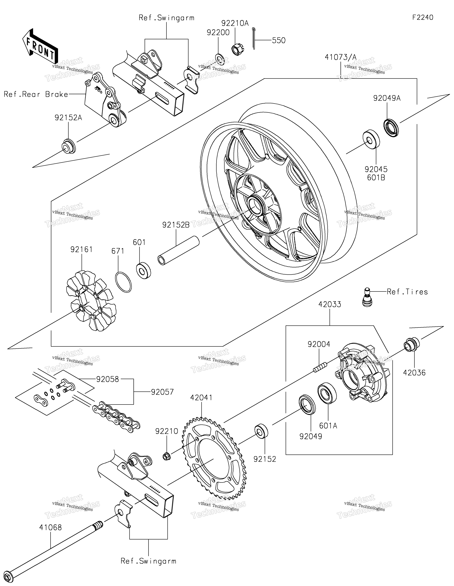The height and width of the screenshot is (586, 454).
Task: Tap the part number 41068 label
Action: [51, 527]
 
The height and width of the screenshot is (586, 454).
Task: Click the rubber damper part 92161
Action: [91, 301]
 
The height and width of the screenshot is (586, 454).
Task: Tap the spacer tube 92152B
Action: [178, 250]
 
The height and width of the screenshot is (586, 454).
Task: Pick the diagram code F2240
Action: [423, 17]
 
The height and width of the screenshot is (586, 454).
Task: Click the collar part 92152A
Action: [69, 146]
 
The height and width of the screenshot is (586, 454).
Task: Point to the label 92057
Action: [162, 392]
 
